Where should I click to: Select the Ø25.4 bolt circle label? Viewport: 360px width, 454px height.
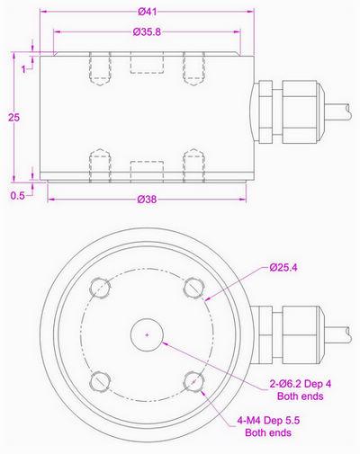[285, 267]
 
